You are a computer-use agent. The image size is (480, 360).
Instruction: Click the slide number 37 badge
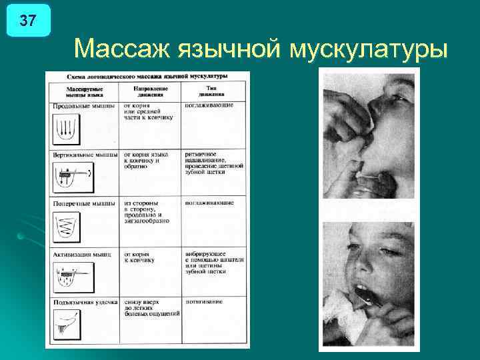[x=27, y=21]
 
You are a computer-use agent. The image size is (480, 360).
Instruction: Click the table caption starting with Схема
[x=148, y=77]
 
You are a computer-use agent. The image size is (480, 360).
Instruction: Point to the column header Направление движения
[x=150, y=91]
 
